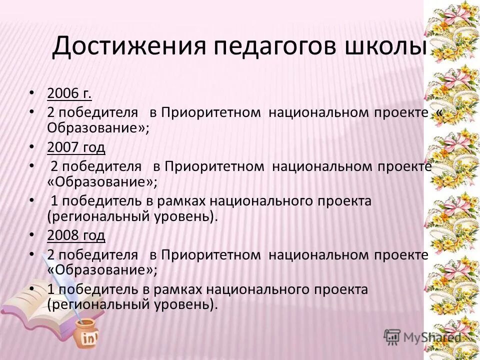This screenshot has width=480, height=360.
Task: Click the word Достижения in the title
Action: click(128, 47)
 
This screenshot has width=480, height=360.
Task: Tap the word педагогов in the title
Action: click(267, 47)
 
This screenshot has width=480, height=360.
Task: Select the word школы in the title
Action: click(382, 47)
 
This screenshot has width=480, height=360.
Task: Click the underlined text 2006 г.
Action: click(69, 93)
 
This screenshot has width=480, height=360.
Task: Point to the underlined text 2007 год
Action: click(76, 147)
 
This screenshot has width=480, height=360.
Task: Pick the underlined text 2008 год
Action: click(76, 235)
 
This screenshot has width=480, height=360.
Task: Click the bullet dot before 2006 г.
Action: click(32, 93)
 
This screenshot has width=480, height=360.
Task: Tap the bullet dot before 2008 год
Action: click(32, 235)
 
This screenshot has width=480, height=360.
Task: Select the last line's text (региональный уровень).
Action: click(132, 304)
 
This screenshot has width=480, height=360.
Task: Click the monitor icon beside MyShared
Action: click(392, 337)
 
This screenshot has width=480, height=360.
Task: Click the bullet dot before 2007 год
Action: click(32, 147)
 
